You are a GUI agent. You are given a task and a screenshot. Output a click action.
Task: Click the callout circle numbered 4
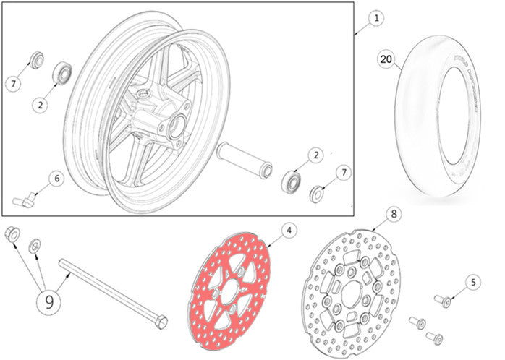click(288, 231)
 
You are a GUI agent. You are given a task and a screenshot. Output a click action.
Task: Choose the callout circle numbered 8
click(393, 214)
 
